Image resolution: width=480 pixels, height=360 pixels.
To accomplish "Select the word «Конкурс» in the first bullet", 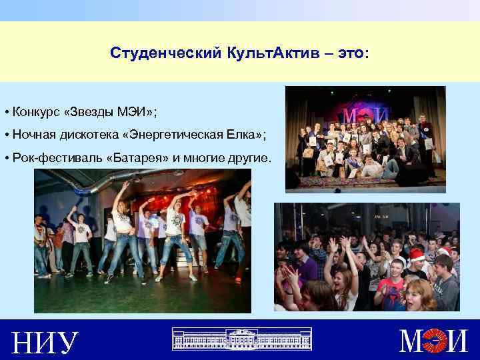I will point(33,110).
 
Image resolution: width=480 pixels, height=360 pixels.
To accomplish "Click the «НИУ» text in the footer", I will point(45,343).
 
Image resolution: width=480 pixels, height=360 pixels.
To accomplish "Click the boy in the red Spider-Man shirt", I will point(392,291).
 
